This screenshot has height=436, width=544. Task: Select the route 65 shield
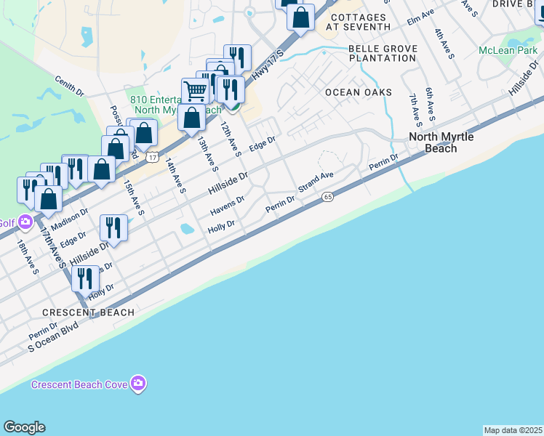pyautogui.click(x=328, y=197)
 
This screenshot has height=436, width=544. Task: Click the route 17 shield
pyautogui.click(x=151, y=157)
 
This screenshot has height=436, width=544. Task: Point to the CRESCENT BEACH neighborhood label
pyautogui.click(x=88, y=312)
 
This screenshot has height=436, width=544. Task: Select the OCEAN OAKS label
pyautogui.click(x=359, y=92)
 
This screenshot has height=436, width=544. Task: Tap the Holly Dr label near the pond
pyautogui.click(x=221, y=227)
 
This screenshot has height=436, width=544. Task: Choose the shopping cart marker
pyautogui.click(x=195, y=92)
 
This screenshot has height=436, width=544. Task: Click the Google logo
pyautogui.click(x=24, y=427)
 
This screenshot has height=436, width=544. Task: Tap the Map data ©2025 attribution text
pyautogui.click(x=513, y=430)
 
